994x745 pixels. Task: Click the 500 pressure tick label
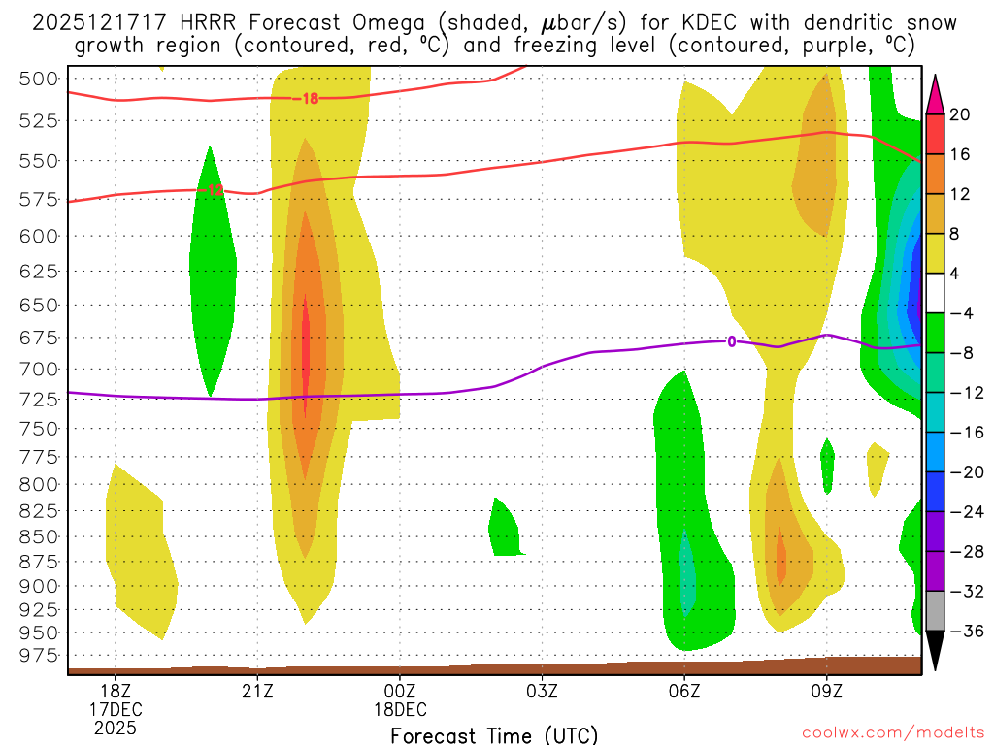click(x=39, y=80)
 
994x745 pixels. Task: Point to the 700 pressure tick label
click(x=39, y=370)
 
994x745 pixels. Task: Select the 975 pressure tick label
click(x=39, y=656)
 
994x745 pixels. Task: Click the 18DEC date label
click(x=400, y=709)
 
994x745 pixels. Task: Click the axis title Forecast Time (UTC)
click(x=494, y=734)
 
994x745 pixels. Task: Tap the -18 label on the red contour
click(x=308, y=98)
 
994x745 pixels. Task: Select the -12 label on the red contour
click(x=214, y=190)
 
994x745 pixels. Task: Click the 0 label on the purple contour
click(x=731, y=340)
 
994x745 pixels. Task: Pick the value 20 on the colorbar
click(x=960, y=114)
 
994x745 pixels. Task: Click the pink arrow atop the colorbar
click(x=936, y=94)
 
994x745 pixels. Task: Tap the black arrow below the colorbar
click(x=936, y=651)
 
